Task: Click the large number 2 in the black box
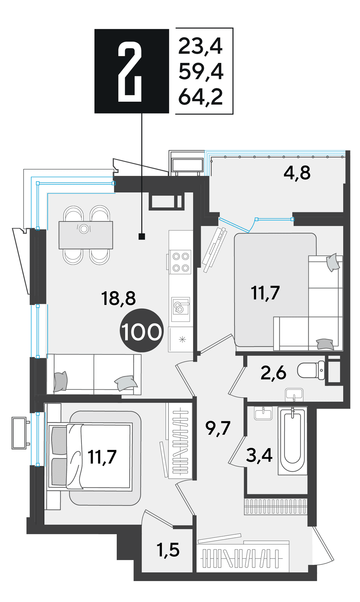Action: click(x=130, y=72)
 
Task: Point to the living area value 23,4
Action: click(x=200, y=46)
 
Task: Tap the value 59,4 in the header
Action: click(x=201, y=72)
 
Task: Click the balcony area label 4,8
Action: click(x=297, y=173)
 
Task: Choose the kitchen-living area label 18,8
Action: click(x=118, y=298)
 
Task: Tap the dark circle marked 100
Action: click(x=142, y=330)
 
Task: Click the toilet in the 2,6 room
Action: click(x=311, y=370)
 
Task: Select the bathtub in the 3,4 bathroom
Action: click(x=292, y=441)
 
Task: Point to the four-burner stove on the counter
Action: click(x=180, y=262)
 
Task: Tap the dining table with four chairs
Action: click(x=86, y=235)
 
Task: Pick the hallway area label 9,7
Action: click(x=218, y=428)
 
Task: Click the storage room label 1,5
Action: click(x=168, y=550)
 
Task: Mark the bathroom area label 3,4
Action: click(x=259, y=455)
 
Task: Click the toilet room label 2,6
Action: click(x=273, y=373)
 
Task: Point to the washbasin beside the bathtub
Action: click(x=263, y=413)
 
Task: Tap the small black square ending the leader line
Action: click(x=142, y=237)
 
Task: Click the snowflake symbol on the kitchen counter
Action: click(x=182, y=339)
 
